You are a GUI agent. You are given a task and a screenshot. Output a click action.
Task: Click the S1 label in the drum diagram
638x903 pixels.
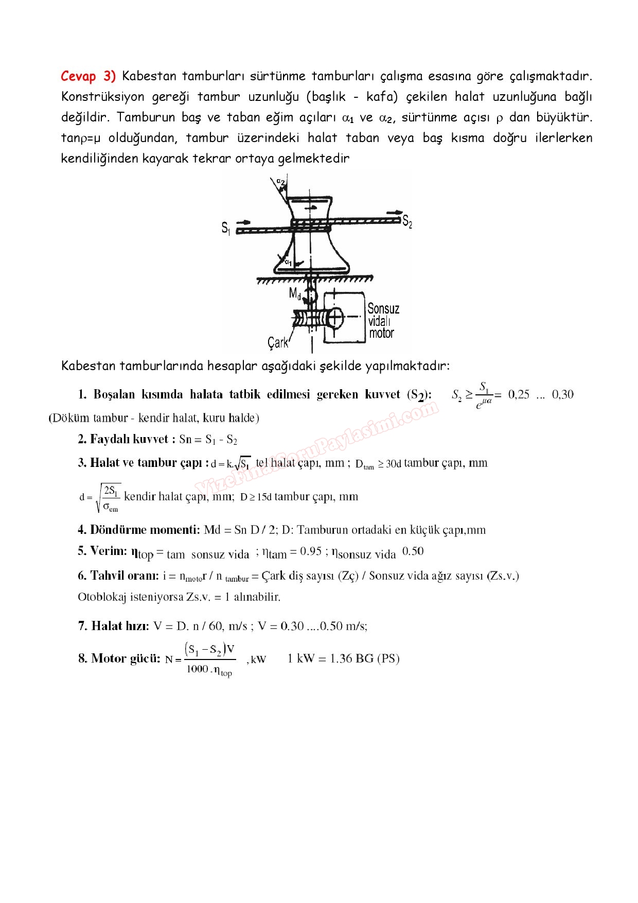pyautogui.click(x=225, y=227)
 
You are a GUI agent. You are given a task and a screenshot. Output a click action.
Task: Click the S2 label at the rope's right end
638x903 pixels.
pyautogui.click(x=407, y=221)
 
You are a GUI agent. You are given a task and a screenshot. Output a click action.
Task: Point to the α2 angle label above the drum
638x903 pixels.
pyautogui.click(x=280, y=181)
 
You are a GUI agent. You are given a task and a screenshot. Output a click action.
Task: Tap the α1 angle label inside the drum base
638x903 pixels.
pyautogui.click(x=288, y=263)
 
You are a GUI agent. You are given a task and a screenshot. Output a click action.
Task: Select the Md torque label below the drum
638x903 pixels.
pyautogui.click(x=295, y=294)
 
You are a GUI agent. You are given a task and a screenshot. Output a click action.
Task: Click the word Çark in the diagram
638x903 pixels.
pyautogui.click(x=278, y=342)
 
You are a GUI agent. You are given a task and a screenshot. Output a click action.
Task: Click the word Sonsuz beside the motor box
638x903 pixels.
pyautogui.click(x=383, y=308)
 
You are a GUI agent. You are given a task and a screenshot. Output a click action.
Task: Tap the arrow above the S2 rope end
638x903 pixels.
pyautogui.click(x=395, y=212)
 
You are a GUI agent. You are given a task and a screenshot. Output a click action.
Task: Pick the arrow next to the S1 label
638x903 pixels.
pyautogui.click(x=243, y=222)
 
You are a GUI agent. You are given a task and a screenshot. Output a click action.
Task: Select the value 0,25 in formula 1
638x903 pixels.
pyautogui.click(x=519, y=394)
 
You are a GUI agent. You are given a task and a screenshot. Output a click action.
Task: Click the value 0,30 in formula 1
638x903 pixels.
pyautogui.click(x=562, y=394)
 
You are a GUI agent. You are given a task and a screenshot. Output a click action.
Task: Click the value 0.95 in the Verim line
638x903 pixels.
pyautogui.click(x=311, y=551)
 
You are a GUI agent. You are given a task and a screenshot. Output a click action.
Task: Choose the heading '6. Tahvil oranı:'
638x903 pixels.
pyautogui.click(x=118, y=576)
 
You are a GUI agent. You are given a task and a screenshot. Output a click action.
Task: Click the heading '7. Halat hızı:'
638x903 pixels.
pyautogui.click(x=113, y=626)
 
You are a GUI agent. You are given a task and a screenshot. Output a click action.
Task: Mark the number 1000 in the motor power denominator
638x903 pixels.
pyautogui.click(x=197, y=669)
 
